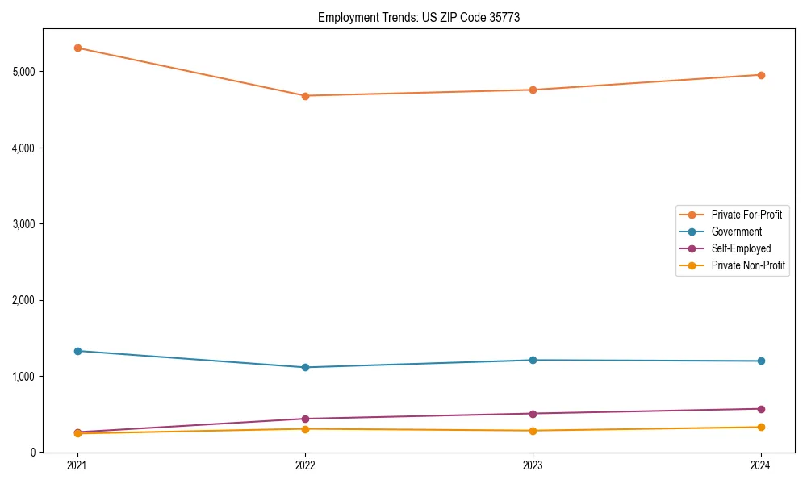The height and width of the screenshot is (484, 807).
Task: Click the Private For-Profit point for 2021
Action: click(77, 48)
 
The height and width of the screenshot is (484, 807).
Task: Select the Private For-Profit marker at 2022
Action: click(305, 96)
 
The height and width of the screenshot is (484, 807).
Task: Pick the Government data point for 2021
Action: click(77, 351)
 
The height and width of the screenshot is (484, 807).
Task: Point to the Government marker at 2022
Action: click(305, 367)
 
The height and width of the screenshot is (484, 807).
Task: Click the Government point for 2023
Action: click(533, 360)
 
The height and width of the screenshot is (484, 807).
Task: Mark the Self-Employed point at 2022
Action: click(305, 419)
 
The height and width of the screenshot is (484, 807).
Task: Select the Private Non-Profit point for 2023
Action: click(533, 431)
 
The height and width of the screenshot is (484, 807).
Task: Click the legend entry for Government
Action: click(736, 232)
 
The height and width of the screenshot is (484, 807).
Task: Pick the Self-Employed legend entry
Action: click(741, 248)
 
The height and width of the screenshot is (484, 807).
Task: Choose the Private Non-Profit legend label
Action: click(748, 265)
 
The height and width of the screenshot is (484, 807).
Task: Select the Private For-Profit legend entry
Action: click(746, 215)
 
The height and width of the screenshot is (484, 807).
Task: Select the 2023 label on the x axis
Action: click(533, 465)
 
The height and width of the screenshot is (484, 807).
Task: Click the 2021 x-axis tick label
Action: click(77, 465)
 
